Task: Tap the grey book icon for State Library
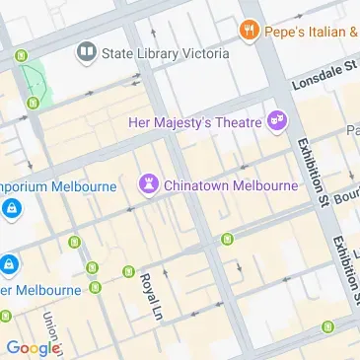pos(88,49)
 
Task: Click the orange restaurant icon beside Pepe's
pos(248,32)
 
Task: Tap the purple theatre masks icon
pos(277,120)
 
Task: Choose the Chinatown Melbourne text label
pos(230,184)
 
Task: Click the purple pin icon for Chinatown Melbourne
pos(149,183)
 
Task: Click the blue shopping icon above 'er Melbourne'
pos(9,264)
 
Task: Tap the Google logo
pos(32,347)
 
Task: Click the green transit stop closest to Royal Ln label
pos(127,271)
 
